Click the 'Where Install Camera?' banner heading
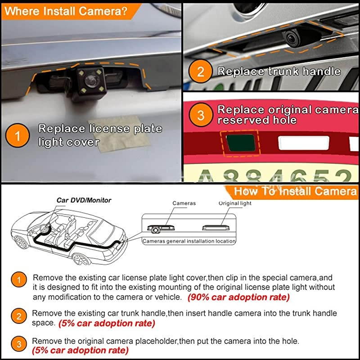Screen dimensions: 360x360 tap(65, 11)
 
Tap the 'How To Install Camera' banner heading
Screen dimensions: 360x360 tap(295, 191)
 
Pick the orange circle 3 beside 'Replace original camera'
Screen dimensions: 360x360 tap(201, 115)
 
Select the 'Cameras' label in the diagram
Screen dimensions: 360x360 tap(184, 203)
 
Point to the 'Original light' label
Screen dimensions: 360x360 tap(235, 203)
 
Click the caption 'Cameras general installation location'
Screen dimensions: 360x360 tap(189, 241)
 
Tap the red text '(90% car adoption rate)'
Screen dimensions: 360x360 tap(238, 297)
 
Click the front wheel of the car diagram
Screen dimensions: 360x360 tap(80, 260)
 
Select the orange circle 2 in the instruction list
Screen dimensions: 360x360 tap(18, 317)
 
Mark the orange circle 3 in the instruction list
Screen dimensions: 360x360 tap(18, 345)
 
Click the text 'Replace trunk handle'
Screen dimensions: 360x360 tap(279, 72)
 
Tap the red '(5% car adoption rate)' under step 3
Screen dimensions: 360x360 tap(80, 351)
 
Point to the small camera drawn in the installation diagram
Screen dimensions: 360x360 tap(156, 230)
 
